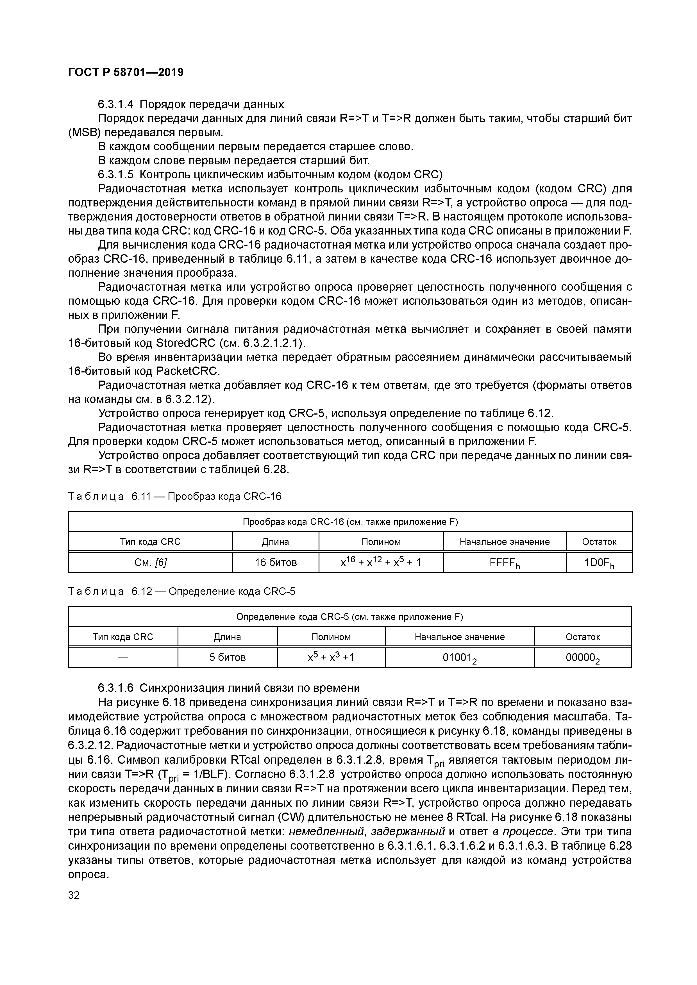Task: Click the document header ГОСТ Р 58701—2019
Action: [x=126, y=72]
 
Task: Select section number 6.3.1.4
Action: [x=116, y=104]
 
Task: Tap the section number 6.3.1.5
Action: [x=116, y=175]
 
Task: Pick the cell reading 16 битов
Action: [x=276, y=562]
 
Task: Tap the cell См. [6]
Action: [x=150, y=562]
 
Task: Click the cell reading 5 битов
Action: [x=228, y=658]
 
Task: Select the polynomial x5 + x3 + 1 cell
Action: [x=331, y=658]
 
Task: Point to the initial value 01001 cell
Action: [x=459, y=658]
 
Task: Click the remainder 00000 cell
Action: [x=582, y=658]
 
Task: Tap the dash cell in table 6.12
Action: [x=123, y=658]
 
